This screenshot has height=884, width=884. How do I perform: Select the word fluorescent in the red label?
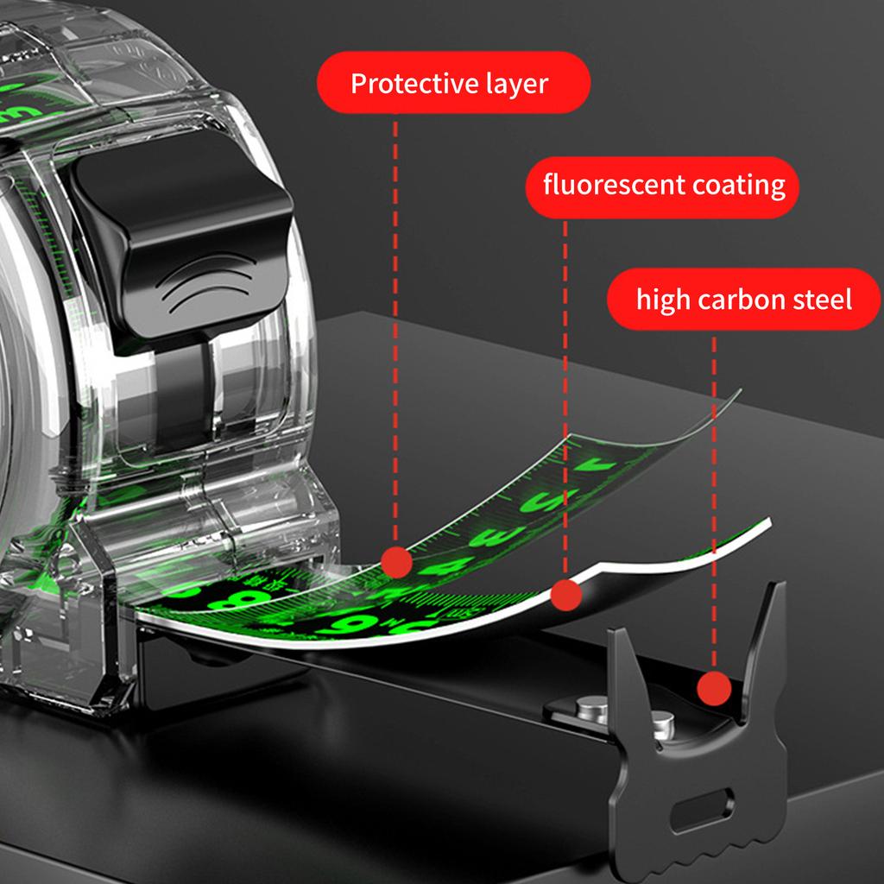[614, 185]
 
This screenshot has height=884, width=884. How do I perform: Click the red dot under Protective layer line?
[396, 562]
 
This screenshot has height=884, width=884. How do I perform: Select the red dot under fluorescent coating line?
[565, 596]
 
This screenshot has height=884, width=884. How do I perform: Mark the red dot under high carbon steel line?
[714, 688]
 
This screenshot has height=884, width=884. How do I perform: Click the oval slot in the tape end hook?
[703, 809]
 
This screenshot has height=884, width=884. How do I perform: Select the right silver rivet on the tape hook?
[662, 724]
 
